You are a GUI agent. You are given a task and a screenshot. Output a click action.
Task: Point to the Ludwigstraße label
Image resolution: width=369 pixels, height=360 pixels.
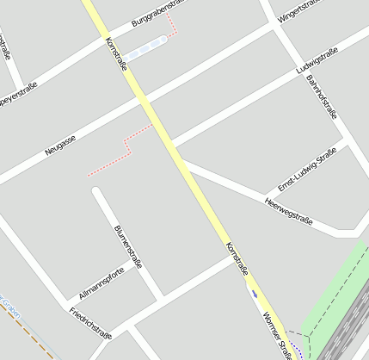click(x=317, y=59)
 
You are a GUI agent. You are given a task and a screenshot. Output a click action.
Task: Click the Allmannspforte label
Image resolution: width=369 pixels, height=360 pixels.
click(x=101, y=282)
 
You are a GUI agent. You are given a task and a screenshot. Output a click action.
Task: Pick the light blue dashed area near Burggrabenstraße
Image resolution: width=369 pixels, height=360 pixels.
click(x=145, y=47)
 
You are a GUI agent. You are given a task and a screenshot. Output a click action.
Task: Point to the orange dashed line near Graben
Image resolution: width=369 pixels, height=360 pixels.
click(x=26, y=332)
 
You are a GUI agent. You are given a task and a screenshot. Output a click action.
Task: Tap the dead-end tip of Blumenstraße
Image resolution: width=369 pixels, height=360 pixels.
click(x=97, y=193)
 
